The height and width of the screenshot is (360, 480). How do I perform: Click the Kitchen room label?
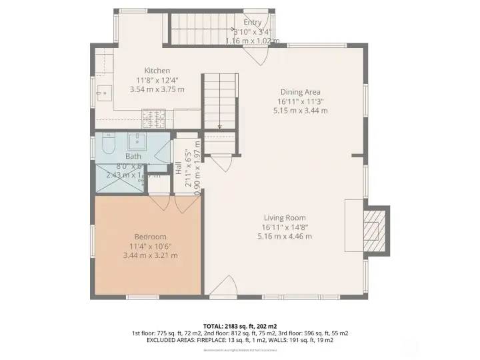(157, 71)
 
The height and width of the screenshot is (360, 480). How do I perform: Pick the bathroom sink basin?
(137, 141)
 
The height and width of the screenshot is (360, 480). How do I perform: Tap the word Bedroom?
(150, 237)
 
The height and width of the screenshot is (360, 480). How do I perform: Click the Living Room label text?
(284, 218)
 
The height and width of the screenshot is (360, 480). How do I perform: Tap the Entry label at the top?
(252, 23)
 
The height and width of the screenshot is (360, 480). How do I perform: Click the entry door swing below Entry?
(259, 53)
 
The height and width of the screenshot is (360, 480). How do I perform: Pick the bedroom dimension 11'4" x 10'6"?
(153, 246)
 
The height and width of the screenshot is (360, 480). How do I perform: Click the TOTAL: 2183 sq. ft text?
(239, 324)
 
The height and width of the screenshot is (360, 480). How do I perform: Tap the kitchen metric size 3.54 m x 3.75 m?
(157, 89)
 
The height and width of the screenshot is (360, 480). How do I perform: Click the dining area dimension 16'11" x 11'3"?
(300, 101)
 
